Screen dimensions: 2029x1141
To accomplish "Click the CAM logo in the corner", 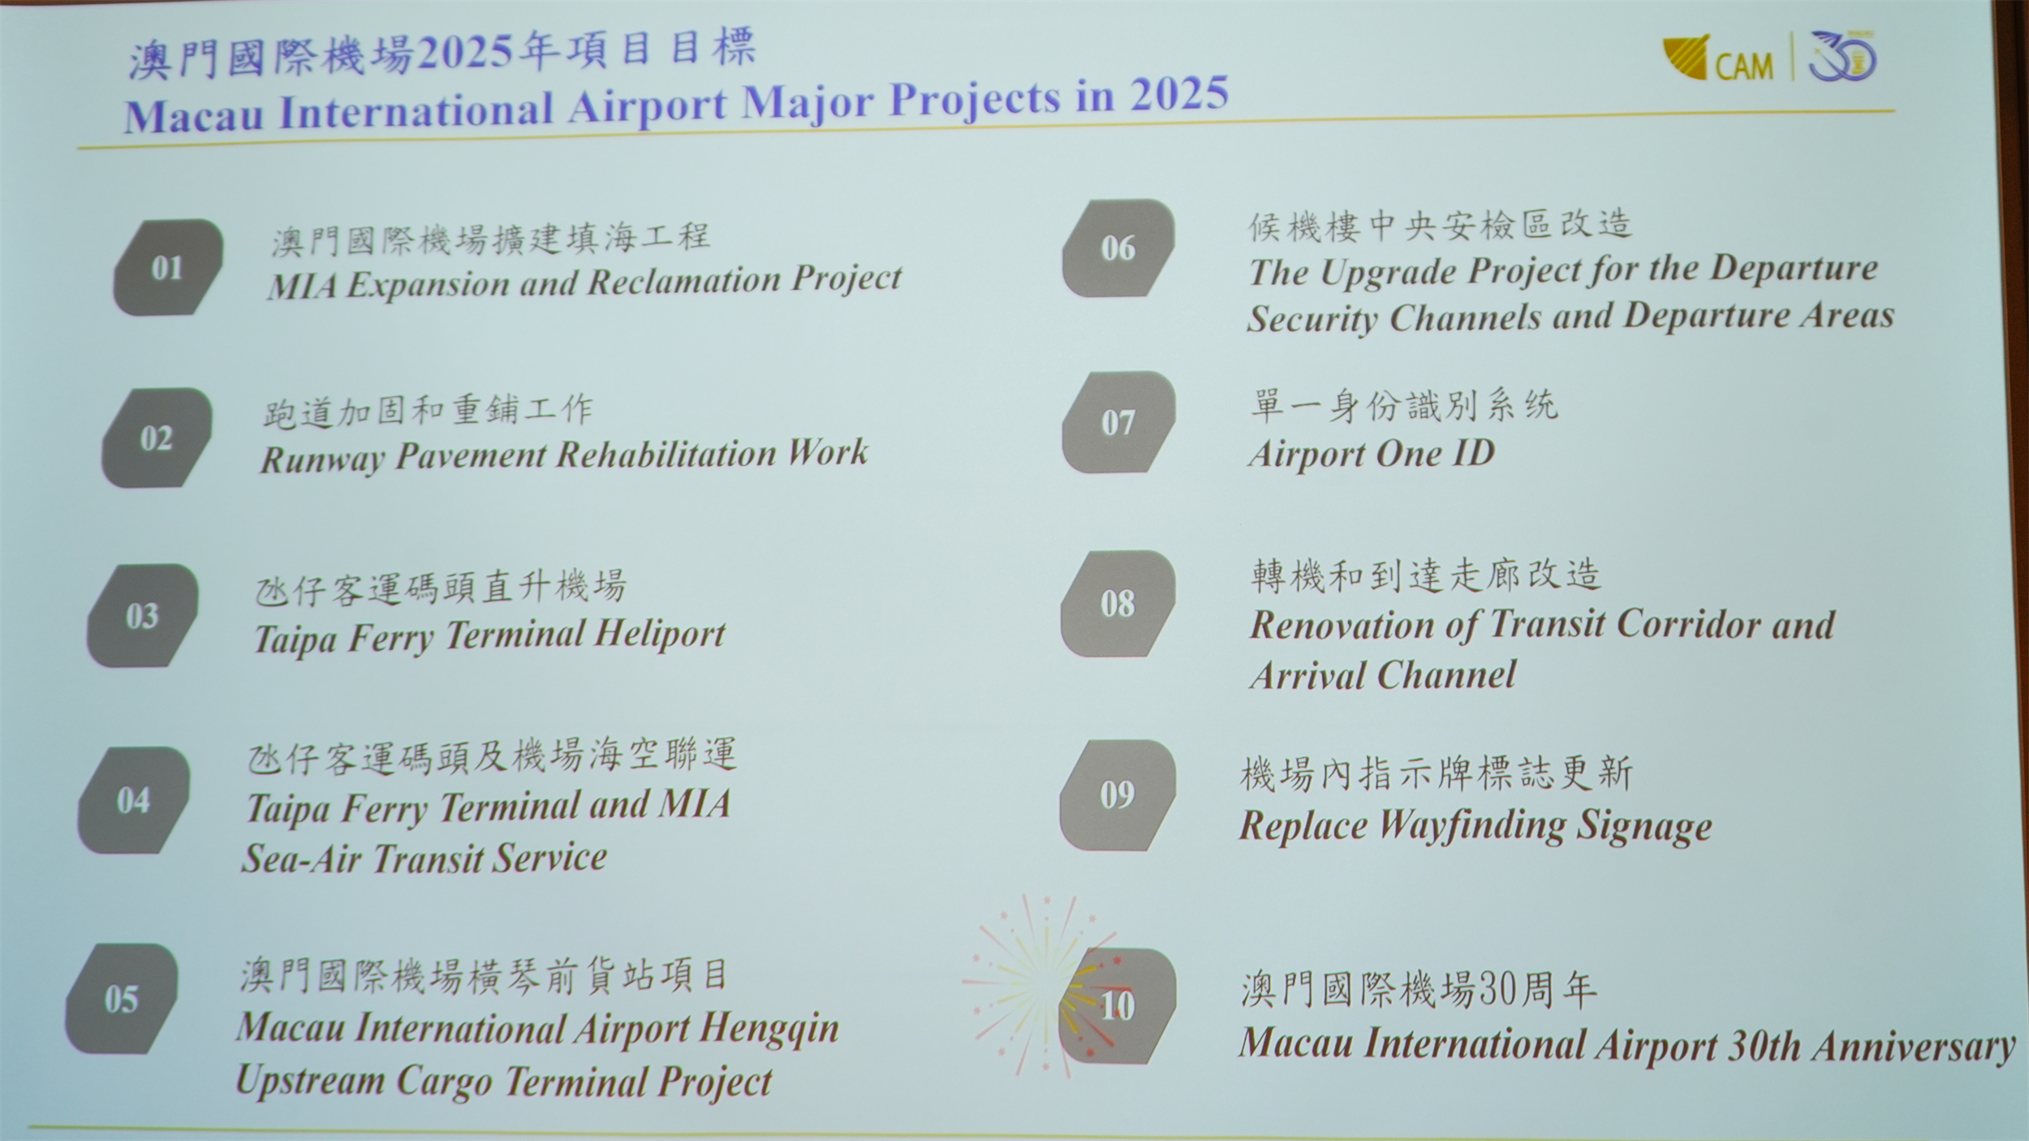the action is coord(1717,59).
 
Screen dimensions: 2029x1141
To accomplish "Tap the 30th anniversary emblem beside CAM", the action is coord(1843,57).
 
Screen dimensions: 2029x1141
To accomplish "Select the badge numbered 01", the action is coord(168,267).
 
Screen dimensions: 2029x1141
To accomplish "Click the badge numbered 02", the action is coord(157,437).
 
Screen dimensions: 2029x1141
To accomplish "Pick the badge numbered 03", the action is coord(142,616).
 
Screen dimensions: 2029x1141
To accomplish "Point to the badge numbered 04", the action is coord(133,800).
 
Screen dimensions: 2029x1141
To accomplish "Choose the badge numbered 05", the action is coord(121,999).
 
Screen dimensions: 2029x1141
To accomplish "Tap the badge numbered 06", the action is coord(1118,248).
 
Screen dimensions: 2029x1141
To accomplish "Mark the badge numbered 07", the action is coord(1118,422).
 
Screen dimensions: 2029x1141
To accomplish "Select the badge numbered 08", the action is coord(1118,603).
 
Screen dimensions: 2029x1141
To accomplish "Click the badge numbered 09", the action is coord(1117,794).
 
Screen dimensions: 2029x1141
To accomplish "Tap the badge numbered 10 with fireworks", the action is coord(1117,1006).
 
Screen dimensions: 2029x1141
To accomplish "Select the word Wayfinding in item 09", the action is coord(1471,826).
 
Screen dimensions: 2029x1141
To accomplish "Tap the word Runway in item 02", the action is coord(322,460).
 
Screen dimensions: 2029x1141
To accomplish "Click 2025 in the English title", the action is coord(1180,94).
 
